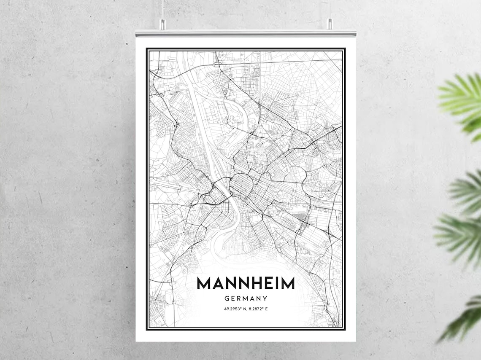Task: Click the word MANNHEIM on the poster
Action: point(246,283)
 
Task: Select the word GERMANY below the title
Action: point(246,298)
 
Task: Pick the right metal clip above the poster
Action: point(330,24)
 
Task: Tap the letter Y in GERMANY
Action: point(265,298)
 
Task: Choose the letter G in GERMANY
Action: point(227,298)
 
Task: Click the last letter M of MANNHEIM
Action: point(288,283)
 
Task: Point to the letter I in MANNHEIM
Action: point(276,283)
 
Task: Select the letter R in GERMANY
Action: point(239,298)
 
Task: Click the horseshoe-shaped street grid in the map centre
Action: point(240,184)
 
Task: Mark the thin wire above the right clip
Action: point(330,8)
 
